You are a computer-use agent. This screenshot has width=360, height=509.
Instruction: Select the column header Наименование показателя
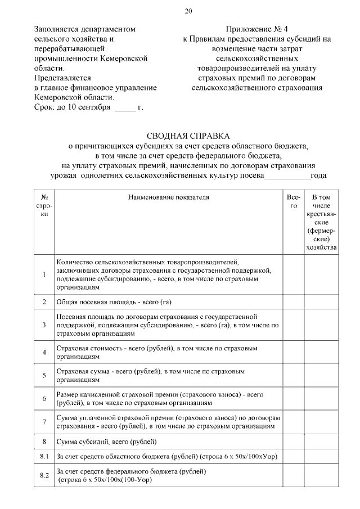168,197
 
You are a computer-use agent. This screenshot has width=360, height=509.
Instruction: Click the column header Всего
293,202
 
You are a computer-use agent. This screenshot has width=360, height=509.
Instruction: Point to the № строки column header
44,206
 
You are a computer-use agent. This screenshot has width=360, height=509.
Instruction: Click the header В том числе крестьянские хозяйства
321,222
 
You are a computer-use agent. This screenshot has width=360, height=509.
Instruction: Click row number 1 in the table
44,274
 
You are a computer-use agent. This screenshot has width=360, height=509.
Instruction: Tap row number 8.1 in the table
44,455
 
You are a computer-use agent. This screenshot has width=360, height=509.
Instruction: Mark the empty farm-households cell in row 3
321,325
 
